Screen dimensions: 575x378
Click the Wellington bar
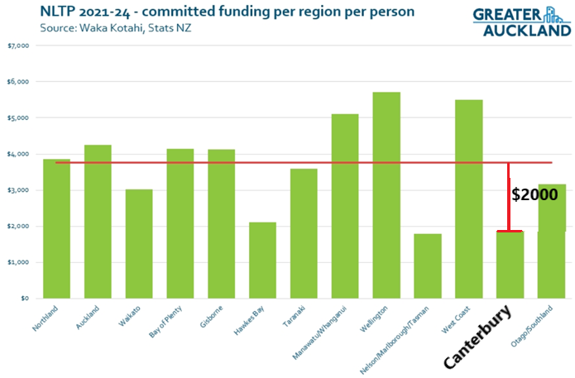pyautogui.click(x=386, y=195)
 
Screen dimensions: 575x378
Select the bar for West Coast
pyautogui.click(x=468, y=199)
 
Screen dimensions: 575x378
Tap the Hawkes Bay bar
pyautogui.click(x=262, y=261)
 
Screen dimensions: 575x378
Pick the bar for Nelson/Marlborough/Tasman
pyautogui.click(x=428, y=266)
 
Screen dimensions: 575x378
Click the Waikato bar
pyautogui.click(x=139, y=244)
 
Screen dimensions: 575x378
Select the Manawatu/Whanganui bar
pyautogui.click(x=345, y=206)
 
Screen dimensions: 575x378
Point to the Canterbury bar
pyautogui.click(x=510, y=265)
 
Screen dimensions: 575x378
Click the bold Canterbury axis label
pyautogui.click(x=477, y=337)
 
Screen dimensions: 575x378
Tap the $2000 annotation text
pyautogui.click(x=534, y=194)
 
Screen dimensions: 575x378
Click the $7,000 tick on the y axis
pyautogui.click(x=18, y=45)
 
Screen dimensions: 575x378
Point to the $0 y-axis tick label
pyautogui.click(x=25, y=299)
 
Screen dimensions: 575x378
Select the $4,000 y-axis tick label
pyautogui.click(x=18, y=154)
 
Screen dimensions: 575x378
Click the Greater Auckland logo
pyautogui.click(x=522, y=22)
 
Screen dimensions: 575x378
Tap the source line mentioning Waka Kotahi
pyautogui.click(x=116, y=28)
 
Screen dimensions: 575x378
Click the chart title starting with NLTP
pyautogui.click(x=228, y=12)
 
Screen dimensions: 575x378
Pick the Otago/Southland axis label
pyautogui.click(x=532, y=327)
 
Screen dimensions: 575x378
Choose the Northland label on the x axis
pyautogui.click(x=46, y=318)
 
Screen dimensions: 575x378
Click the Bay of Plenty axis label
pyautogui.click(x=165, y=322)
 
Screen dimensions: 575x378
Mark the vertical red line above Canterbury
pyautogui.click(x=508, y=197)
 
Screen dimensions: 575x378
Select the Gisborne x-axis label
pyautogui.click(x=211, y=317)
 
